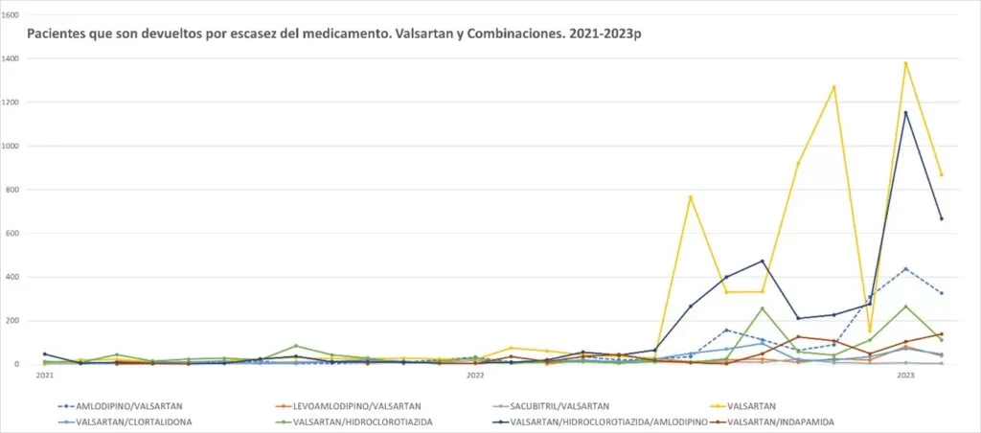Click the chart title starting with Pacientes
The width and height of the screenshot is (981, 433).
333,34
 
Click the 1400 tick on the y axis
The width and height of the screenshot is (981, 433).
11,58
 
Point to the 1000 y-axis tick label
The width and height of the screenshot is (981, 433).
11,146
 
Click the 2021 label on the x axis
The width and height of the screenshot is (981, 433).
44,376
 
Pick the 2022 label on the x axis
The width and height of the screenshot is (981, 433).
475,376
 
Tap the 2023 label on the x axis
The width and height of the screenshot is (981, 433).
905,376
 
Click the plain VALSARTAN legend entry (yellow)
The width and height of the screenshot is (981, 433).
751,405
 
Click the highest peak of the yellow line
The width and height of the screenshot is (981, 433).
905,63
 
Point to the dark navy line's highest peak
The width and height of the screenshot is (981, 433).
905,113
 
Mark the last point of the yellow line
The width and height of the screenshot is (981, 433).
941,174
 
